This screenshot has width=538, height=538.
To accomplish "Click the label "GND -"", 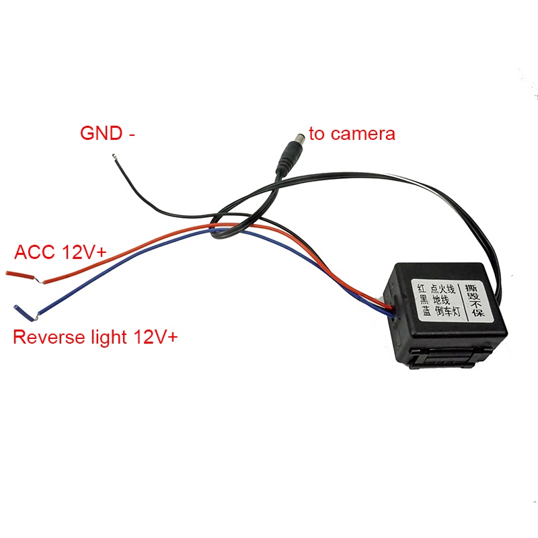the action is [x=108, y=132].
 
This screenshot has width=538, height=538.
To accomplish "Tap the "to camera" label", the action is [x=352, y=133].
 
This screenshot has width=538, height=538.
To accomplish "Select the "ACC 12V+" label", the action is [x=61, y=252].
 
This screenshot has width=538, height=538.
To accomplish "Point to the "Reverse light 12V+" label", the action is [x=95, y=337].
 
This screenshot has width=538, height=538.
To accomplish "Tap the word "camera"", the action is [x=363, y=134].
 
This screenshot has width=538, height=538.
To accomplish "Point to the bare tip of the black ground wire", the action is [x=114, y=157].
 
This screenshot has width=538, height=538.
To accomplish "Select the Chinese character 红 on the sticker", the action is [x=422, y=288].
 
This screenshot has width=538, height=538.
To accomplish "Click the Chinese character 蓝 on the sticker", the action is [x=426, y=311].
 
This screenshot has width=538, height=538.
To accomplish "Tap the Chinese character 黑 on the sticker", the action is [x=424, y=299].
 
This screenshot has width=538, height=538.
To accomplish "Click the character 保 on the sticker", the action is [x=477, y=311].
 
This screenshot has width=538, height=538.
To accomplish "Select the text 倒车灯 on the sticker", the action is [x=448, y=311].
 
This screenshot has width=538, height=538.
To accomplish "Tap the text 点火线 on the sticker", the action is [x=443, y=289].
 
